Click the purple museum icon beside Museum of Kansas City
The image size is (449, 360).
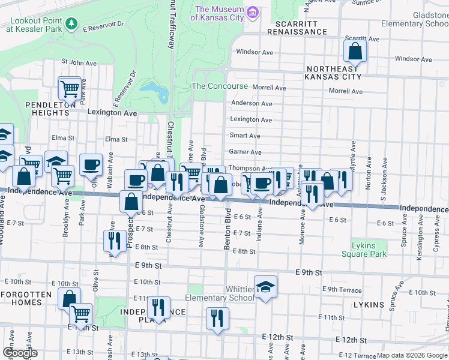click(253, 12)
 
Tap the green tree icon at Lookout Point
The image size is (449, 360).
click(72, 23)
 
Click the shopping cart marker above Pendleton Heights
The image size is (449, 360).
click(70, 89)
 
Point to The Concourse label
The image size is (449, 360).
click(219, 86)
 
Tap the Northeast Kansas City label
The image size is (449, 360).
click(332, 73)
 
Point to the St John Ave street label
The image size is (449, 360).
click(79, 62)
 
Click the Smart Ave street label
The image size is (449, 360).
click(245, 136)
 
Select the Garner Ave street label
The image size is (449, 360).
click(245, 152)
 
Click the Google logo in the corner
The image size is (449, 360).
click(20, 353)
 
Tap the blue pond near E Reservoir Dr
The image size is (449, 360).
click(155, 92)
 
